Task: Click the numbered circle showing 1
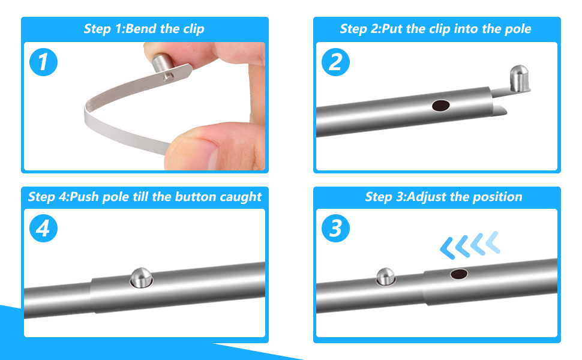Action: (43, 62)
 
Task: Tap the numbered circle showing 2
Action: (335, 62)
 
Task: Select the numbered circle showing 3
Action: (335, 228)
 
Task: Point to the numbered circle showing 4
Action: (43, 228)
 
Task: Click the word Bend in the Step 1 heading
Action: (143, 29)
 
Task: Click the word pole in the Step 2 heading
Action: (517, 29)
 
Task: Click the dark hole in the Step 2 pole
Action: (441, 106)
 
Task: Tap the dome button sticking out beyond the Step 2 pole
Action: (520, 79)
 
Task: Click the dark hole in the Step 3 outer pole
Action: (459, 274)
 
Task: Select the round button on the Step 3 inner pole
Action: (385, 277)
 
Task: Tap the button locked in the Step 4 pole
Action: (141, 277)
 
